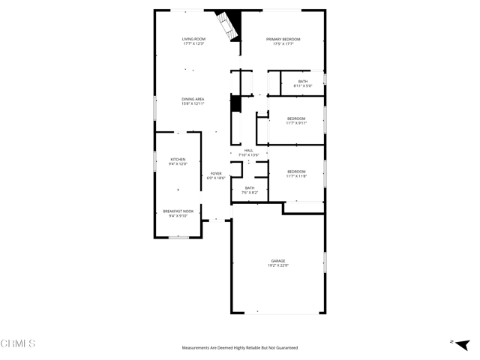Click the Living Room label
coord(193,39)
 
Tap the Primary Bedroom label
coord(283,39)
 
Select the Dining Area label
coord(193,99)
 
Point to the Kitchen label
coord(178,158)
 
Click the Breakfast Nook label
coord(178,211)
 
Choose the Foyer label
coord(216,173)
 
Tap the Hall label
coord(248,151)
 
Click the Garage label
coord(278,261)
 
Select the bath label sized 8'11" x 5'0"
coord(303,81)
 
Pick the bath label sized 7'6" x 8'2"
coord(249,188)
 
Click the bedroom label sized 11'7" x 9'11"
coord(296,118)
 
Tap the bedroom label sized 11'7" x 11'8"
coord(296,172)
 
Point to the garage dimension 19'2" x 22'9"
coord(278,265)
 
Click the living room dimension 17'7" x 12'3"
coord(193,43)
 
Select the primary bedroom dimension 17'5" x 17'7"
coord(283,43)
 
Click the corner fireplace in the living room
coord(226,27)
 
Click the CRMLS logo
coord(18,343)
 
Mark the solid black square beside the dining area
coord(235,103)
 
